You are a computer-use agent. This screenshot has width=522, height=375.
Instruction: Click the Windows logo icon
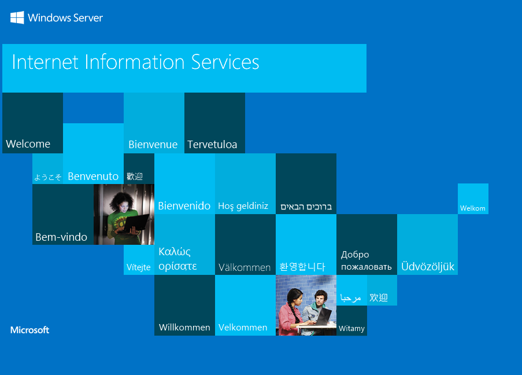coord(17,17)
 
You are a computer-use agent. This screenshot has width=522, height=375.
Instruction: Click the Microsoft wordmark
coord(29,330)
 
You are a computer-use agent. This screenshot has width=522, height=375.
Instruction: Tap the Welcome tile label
coord(28,144)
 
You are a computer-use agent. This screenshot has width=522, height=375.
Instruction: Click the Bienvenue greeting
coord(153,144)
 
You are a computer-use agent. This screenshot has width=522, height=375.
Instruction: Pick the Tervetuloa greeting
coord(212,144)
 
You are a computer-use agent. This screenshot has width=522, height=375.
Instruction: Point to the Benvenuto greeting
coord(93,176)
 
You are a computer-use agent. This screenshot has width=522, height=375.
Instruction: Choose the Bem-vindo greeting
coord(61,237)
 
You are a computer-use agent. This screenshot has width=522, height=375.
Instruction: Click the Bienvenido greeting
coord(184,205)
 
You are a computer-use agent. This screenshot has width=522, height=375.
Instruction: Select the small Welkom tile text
coord(472,208)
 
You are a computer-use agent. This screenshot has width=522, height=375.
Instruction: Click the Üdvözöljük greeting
coord(428,266)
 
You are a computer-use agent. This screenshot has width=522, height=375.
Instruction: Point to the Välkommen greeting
coord(245,267)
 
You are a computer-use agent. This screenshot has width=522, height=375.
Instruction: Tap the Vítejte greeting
coord(139,267)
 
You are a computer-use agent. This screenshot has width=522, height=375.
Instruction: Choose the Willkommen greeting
coord(184,328)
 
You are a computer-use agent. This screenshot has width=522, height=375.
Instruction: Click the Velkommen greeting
coord(243,328)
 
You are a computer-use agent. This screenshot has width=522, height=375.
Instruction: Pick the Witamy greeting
coord(351,329)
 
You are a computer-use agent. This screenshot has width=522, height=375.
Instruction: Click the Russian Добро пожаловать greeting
coord(366,260)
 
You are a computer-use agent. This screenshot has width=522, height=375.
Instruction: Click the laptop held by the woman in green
coord(136,222)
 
